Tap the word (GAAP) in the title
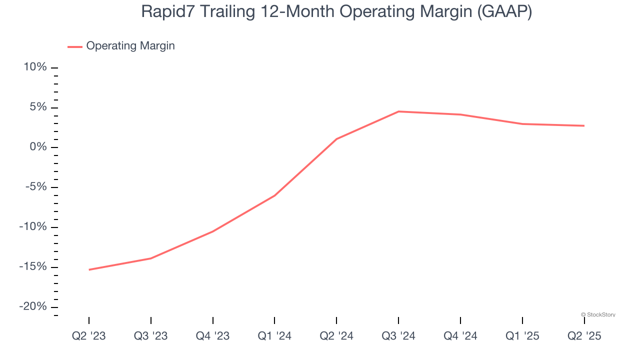pyautogui.click(x=504, y=11)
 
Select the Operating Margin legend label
pyautogui.click(x=130, y=46)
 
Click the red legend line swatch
pyautogui.click(x=75, y=46)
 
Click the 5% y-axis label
pyautogui.click(x=38, y=107)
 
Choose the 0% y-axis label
pyautogui.click(x=38, y=147)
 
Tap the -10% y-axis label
pyautogui.click(x=33, y=227)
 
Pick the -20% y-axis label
pyautogui.click(x=33, y=306)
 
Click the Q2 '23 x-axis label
pyautogui.click(x=89, y=336)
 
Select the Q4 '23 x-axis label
pyautogui.click(x=213, y=336)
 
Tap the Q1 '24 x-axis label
pyautogui.click(x=274, y=336)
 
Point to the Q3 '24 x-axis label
pyautogui.click(x=398, y=336)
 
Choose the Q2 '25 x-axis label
pyautogui.click(x=584, y=336)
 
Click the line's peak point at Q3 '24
pyautogui.click(x=398, y=111)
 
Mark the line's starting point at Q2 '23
pyautogui.click(x=89, y=269)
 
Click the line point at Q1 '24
pyautogui.click(x=274, y=195)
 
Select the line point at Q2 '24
pyautogui.click(x=336, y=139)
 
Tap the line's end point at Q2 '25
pyautogui.click(x=584, y=125)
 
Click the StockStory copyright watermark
pyautogui.click(x=598, y=314)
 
